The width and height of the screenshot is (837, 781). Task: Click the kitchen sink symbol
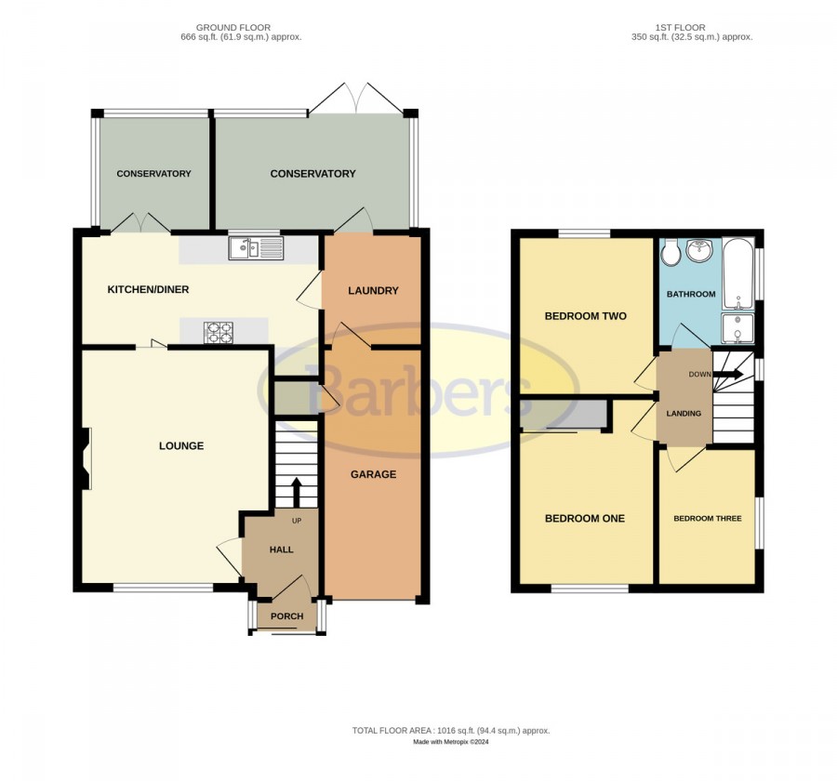257,248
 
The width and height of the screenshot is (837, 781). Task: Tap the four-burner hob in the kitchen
219,332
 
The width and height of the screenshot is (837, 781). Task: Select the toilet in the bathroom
669,252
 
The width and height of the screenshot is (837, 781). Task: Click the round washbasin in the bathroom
699,250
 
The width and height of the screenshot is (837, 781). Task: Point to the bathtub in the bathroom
738,274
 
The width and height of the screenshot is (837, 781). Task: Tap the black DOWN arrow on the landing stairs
728,374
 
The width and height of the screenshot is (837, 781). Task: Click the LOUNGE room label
181,445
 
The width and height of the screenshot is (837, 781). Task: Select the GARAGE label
374,474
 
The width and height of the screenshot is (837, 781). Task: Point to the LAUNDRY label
373,290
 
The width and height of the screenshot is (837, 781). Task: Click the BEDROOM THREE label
708,519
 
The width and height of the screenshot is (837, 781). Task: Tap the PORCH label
286,616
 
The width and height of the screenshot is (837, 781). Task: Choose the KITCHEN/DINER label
149,289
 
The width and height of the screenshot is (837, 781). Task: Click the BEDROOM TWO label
586,316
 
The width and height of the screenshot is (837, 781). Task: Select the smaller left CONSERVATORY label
153,174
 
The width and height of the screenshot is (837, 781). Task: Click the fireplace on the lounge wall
86,458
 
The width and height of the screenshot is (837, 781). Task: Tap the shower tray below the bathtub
737,328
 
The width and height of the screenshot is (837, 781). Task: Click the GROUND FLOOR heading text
233,27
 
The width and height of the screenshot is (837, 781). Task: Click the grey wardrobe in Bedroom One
565,415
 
